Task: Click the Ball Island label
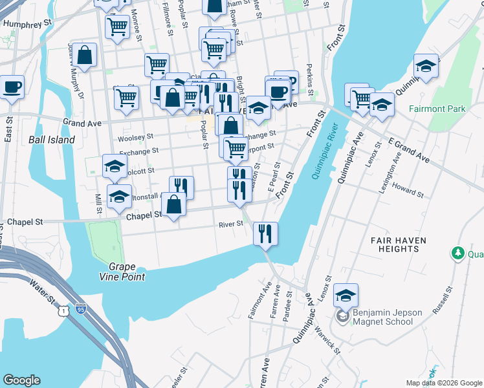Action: [52, 140]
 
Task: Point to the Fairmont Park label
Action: [437, 109]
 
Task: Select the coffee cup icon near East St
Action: [11, 87]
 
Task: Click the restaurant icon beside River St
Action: [265, 233]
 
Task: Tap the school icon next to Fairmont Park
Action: [426, 66]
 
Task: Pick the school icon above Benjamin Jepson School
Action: [346, 296]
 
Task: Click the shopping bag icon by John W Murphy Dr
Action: [85, 55]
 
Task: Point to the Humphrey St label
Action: [27, 23]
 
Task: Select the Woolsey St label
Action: [135, 137]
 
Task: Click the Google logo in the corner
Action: [21, 380]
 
